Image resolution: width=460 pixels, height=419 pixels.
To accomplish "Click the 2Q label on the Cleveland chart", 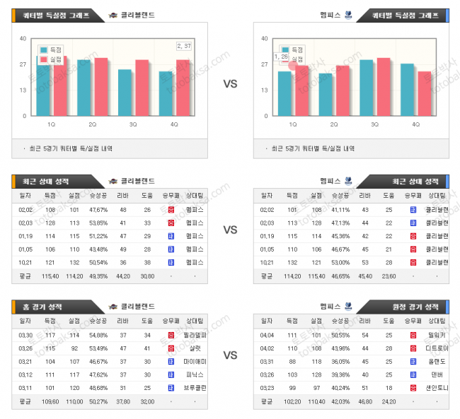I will [x=93, y=124].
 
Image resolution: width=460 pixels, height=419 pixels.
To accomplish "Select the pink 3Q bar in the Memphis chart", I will [x=384, y=87].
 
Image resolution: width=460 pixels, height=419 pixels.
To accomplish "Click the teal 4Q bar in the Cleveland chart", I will [x=166, y=93].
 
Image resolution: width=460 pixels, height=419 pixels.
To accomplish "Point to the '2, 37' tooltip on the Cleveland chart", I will [x=184, y=46].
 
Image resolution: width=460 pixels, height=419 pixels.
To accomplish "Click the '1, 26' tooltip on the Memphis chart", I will [x=281, y=57].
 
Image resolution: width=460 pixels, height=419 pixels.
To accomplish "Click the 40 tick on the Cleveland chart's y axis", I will [x=23, y=38].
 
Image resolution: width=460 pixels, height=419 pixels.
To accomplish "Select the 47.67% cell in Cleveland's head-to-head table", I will [x=98, y=209].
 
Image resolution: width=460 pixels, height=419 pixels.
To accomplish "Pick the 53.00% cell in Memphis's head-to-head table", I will [x=340, y=261].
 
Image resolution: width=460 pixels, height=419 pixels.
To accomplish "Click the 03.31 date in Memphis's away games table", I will [x=267, y=361].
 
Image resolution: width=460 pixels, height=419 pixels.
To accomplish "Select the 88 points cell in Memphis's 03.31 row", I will [x=292, y=361].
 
